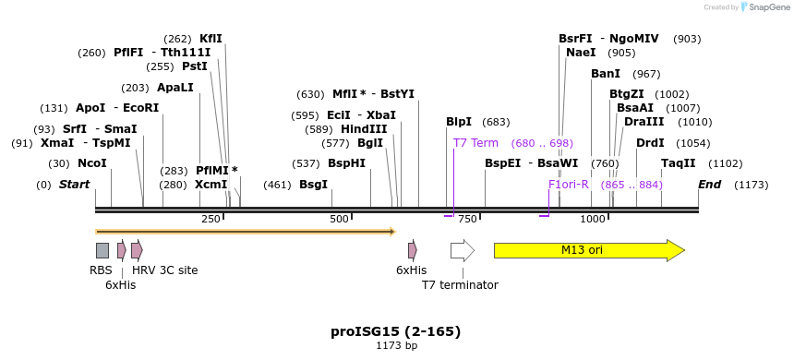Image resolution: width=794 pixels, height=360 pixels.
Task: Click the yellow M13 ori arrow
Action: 588,250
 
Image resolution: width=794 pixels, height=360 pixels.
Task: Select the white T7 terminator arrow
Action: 462,250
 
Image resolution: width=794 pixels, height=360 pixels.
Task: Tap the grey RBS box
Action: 102,250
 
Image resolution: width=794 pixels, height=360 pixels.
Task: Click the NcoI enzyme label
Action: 92,163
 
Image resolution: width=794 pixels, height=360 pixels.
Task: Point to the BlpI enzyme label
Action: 459,122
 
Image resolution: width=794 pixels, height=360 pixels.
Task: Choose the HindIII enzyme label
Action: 364,129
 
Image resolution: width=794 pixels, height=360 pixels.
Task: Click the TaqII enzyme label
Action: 679,163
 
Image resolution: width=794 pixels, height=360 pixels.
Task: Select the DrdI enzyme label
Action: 650,143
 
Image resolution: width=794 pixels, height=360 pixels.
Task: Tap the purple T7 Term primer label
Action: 475,143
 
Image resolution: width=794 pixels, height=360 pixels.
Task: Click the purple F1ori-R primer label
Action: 569,185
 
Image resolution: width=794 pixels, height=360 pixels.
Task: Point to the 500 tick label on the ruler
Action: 339,219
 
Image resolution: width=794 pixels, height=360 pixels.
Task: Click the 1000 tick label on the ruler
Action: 593,219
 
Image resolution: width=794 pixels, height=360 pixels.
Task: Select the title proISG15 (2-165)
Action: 396,331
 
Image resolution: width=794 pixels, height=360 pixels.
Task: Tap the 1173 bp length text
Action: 396,346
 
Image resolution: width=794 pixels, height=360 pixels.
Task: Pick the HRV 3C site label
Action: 164,270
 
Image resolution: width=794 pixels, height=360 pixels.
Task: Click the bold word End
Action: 709,185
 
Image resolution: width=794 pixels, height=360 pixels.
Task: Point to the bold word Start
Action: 74,185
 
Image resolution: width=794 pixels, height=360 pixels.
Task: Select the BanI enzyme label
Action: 606,74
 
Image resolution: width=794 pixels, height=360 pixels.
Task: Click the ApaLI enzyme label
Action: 175,88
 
